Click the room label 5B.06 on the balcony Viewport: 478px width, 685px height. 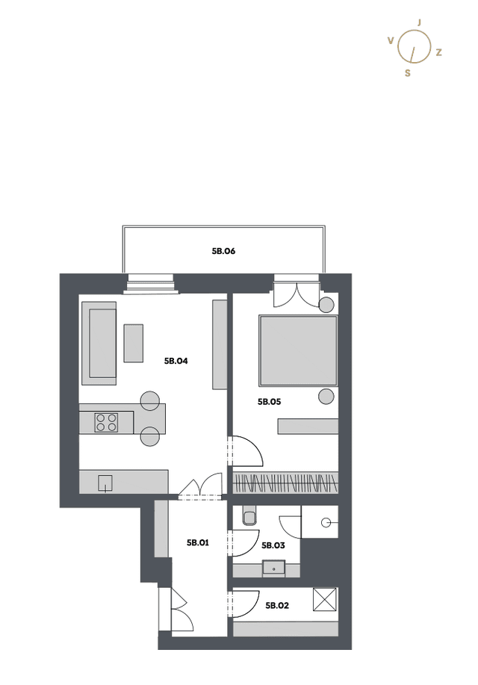tap(224, 251)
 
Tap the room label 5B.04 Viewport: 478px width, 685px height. tap(176, 361)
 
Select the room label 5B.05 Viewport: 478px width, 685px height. tap(269, 402)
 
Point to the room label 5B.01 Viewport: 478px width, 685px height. tap(198, 542)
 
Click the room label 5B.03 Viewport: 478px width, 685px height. tap(273, 545)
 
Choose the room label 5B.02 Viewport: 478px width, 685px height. tap(277, 606)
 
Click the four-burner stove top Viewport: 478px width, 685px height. tap(106, 423)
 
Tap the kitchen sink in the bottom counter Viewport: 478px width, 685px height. tap(105, 483)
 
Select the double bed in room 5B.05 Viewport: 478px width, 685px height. tap(299, 351)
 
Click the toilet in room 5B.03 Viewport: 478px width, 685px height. tap(249, 515)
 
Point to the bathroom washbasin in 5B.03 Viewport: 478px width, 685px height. tap(274, 568)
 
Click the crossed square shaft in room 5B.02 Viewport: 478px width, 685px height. tap(325, 599)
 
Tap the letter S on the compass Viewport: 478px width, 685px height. tap(408, 73)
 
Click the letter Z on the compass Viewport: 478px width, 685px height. tap(438, 52)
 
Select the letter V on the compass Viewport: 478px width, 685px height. tap(391, 40)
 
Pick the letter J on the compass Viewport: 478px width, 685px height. tap(420, 22)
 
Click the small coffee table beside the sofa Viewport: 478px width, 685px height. tap(134, 343)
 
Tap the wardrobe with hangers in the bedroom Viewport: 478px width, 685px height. tap(286, 483)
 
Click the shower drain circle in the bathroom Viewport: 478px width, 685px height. tap(325, 522)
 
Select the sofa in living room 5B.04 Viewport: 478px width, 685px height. tap(99, 344)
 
